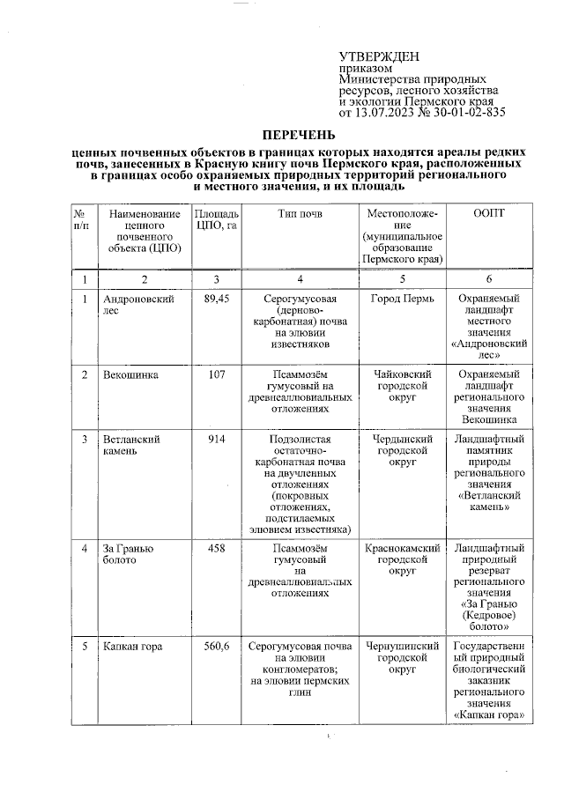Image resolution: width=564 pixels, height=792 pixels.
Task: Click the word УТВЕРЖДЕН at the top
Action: [x=379, y=56]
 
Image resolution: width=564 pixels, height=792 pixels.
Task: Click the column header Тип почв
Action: [x=300, y=214]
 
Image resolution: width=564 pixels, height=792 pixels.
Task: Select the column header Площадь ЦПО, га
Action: [x=216, y=220]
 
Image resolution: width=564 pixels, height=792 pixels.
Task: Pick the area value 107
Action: [x=216, y=375]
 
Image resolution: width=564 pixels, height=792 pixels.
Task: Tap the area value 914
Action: [x=216, y=439]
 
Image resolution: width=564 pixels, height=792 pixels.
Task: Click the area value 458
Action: [x=216, y=549]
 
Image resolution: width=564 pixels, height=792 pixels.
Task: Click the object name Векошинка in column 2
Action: [x=130, y=375]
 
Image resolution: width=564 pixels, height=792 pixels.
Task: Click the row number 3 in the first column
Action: [x=85, y=439]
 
